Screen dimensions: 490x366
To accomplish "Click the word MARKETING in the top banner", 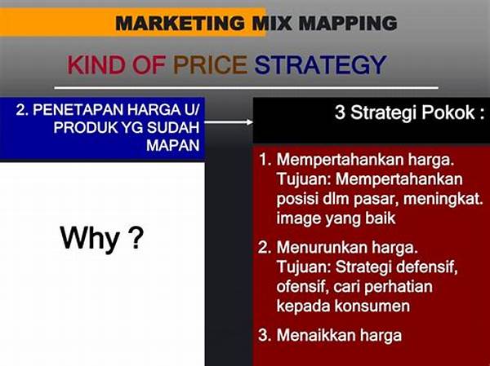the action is pos(180,23).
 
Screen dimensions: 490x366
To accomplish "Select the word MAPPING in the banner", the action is pos(348,23).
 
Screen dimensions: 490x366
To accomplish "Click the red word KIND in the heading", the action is pos(95,65).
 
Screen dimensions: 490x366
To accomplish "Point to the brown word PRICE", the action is pos(211,65).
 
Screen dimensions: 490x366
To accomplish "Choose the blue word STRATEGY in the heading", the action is pos(321,65).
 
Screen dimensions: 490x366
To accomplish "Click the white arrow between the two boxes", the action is pos(229,122).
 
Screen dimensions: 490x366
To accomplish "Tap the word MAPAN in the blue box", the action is pos(173,145).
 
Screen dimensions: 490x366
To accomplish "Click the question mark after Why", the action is pos(136,237).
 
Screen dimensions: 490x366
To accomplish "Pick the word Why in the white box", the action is pos(90,240).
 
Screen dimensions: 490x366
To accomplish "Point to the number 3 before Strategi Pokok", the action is pos(340,112).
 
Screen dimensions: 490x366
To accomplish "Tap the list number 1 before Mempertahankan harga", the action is pos(265,160).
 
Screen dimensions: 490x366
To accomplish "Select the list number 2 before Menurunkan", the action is pos(265,248).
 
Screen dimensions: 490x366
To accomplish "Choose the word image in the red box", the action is pos(299,219).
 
